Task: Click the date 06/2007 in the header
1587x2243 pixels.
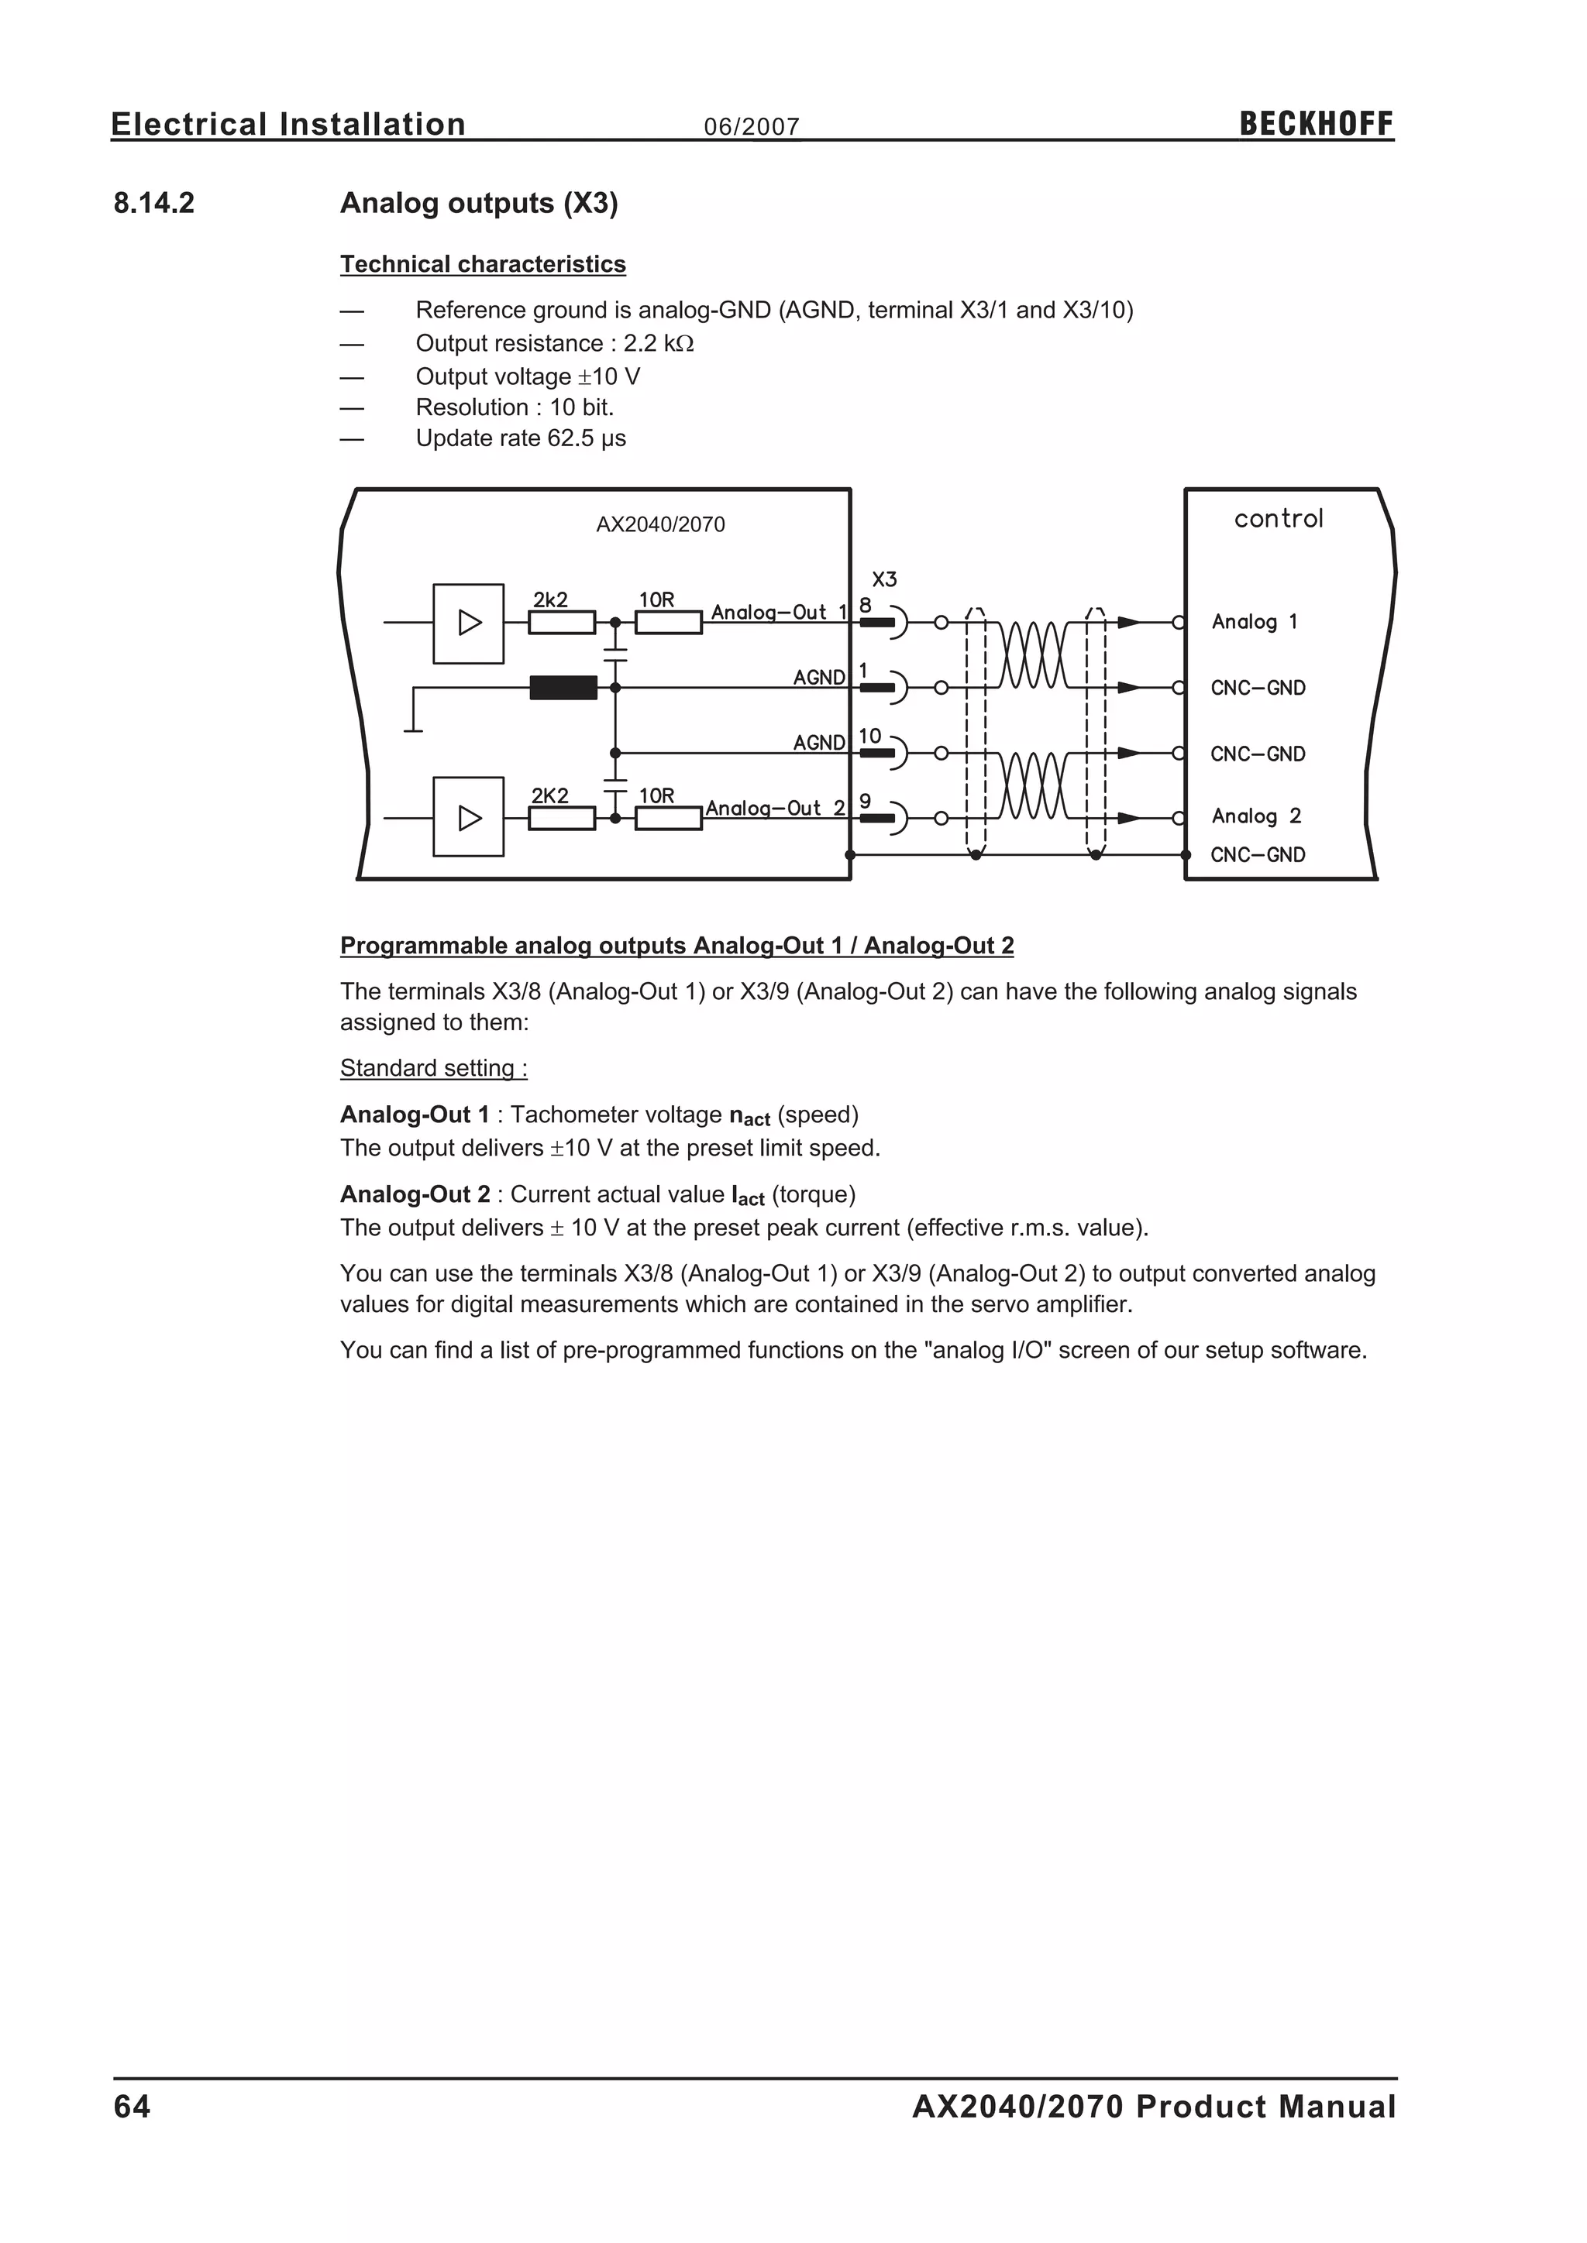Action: click(752, 127)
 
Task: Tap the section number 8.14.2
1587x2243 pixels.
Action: click(154, 203)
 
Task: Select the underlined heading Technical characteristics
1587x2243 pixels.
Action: click(483, 264)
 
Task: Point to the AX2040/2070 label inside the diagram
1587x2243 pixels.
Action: click(660, 524)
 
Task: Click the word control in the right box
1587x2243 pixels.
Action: click(1278, 519)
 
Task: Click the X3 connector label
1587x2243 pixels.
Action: click(884, 579)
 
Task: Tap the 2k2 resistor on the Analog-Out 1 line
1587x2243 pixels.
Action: click(562, 622)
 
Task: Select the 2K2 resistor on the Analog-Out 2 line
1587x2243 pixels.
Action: click(562, 818)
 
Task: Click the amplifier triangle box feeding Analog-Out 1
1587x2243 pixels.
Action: click(469, 623)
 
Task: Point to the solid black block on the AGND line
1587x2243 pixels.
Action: click(563, 688)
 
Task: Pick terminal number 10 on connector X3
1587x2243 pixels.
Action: click(869, 737)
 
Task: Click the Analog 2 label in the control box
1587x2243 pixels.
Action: click(1255, 816)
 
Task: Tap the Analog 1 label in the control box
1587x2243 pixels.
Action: click(1254, 622)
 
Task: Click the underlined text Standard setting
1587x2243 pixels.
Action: click(433, 1068)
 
